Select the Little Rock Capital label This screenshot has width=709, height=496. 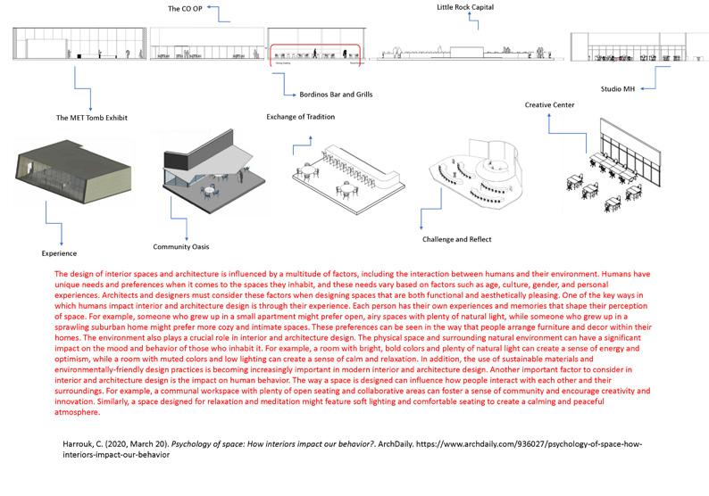[465, 7]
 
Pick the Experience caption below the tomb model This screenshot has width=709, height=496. [59, 252]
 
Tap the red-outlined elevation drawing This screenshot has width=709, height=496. [316, 53]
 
